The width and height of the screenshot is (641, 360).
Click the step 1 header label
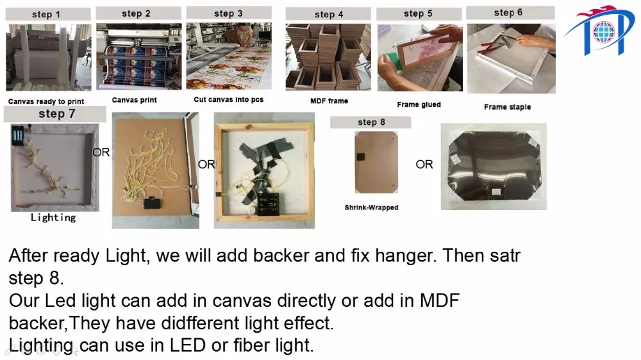[46, 14]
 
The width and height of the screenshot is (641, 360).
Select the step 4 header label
[329, 14]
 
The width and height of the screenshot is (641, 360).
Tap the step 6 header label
[508, 12]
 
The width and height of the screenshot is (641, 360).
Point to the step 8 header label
[371, 122]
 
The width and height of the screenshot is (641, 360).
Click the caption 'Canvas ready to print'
[46, 101]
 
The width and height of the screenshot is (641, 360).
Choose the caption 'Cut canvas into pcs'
[229, 99]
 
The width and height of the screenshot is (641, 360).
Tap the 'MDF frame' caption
[329, 101]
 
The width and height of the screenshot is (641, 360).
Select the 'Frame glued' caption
[419, 104]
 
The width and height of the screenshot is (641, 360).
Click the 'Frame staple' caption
[507, 106]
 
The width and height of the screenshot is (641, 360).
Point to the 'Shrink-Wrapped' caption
[371, 207]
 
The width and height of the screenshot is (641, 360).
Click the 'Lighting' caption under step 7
[53, 217]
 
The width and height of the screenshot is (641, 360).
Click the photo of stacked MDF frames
[328, 57]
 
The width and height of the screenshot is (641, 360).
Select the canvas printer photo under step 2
[139, 56]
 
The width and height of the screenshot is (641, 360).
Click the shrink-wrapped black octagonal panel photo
[494, 167]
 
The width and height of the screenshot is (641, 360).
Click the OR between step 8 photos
[424, 164]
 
